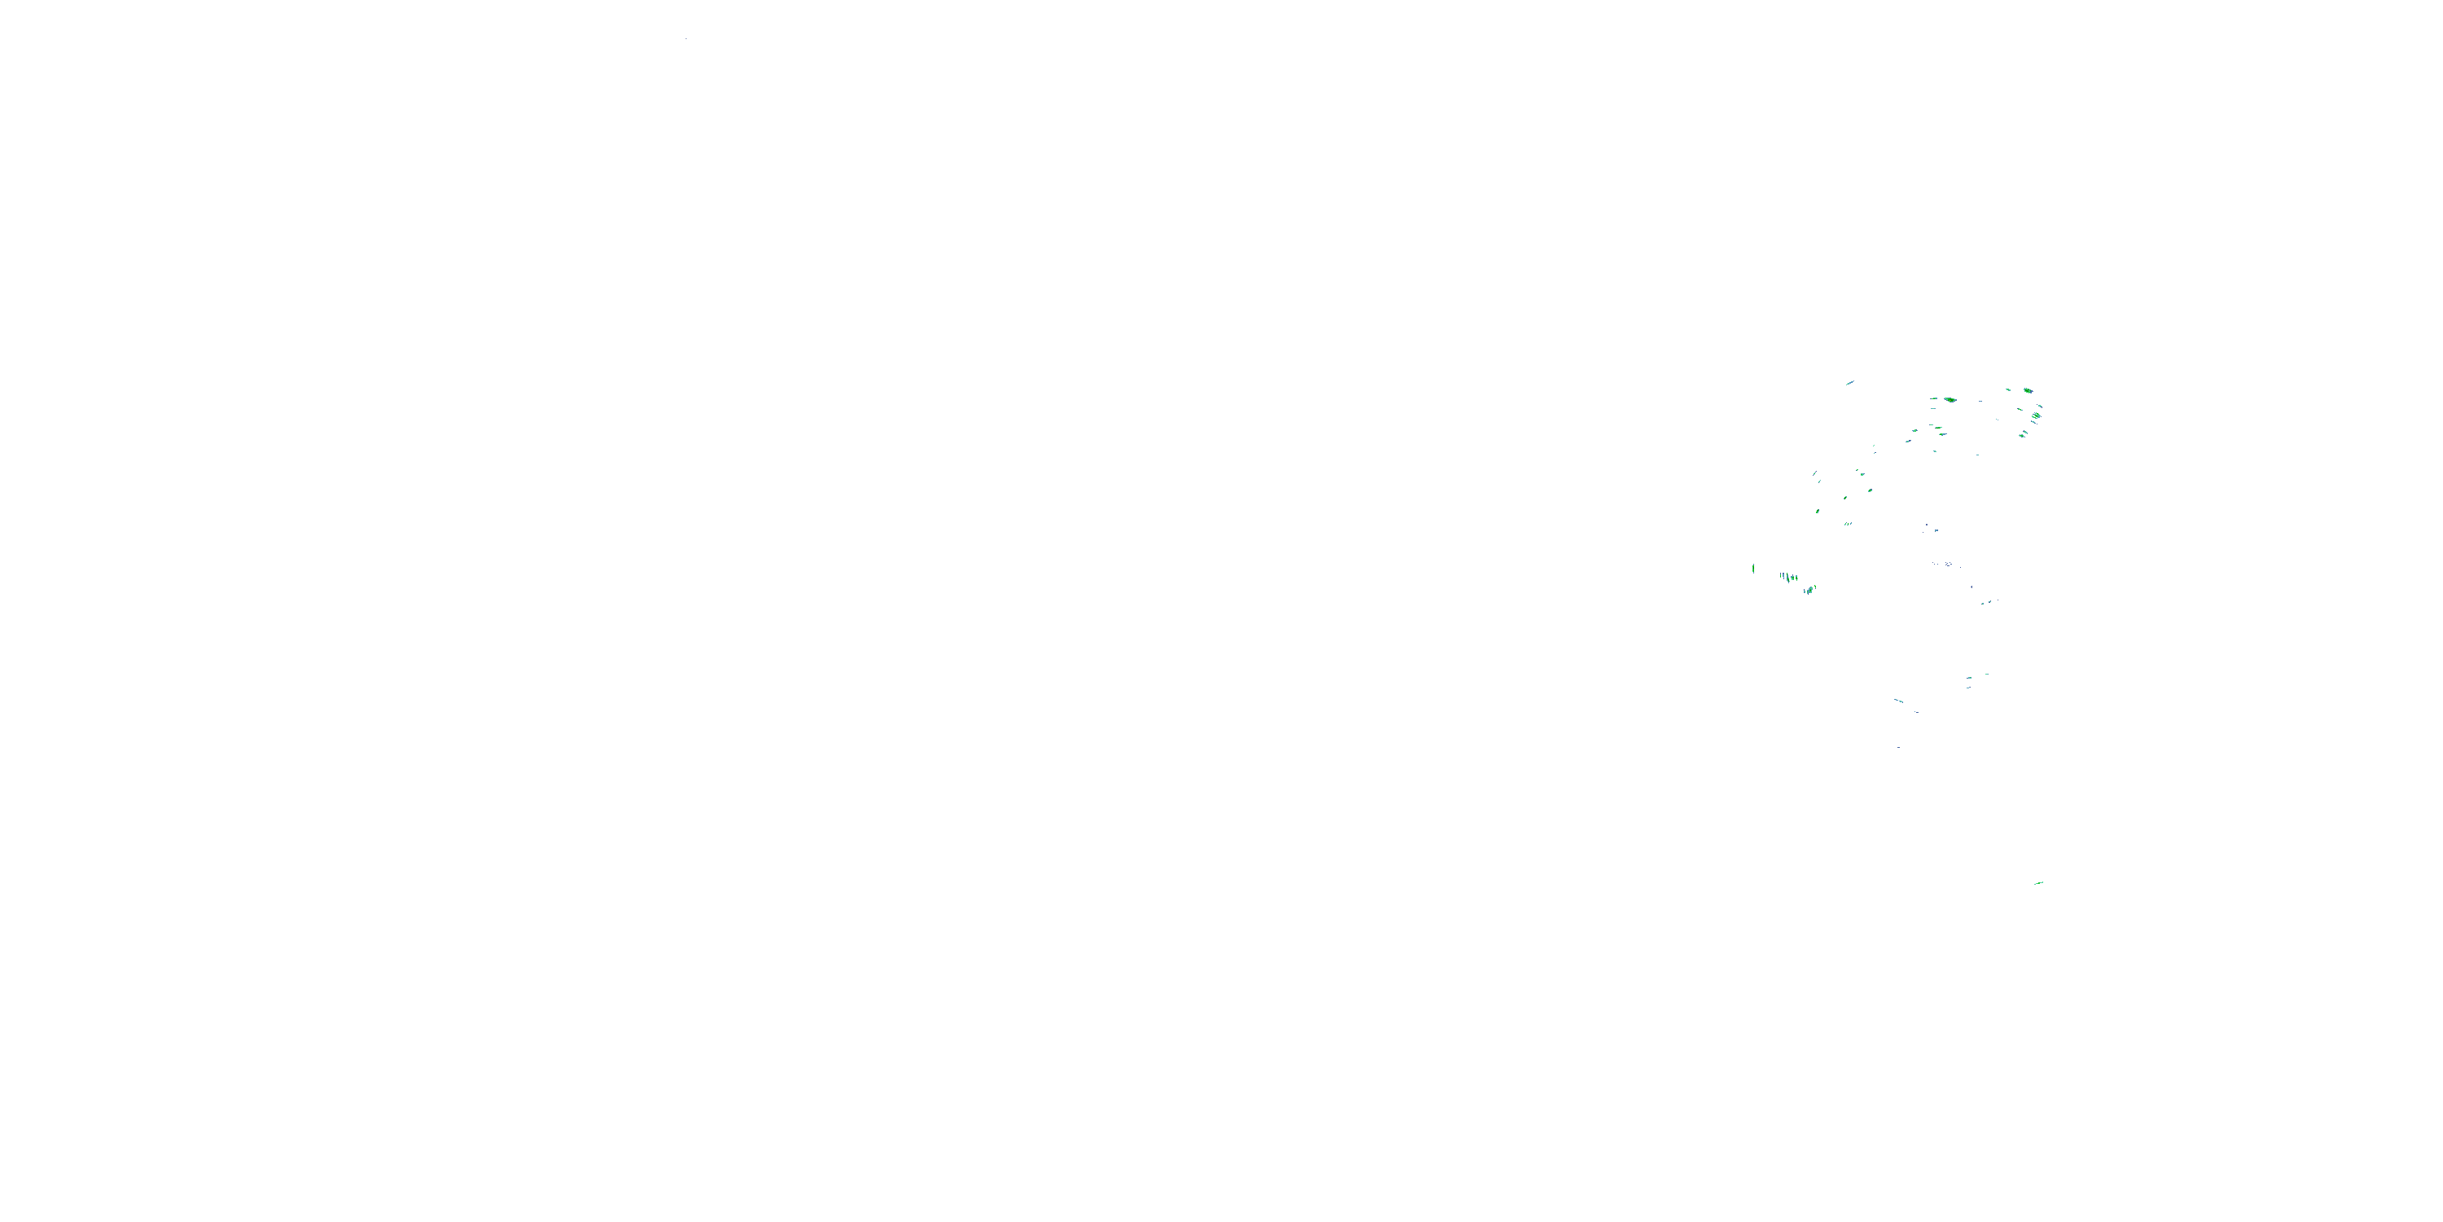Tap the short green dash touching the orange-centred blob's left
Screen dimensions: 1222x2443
click(1934, 399)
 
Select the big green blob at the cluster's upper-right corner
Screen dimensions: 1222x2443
click(2028, 390)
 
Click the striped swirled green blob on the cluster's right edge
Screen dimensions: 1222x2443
click(2035, 415)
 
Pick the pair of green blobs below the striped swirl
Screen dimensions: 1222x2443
click(2022, 434)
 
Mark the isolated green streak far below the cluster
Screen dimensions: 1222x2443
click(2038, 883)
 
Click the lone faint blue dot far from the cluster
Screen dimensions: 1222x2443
click(686, 39)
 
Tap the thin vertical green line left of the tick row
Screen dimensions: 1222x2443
click(1753, 569)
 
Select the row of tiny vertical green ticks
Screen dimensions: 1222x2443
click(1788, 577)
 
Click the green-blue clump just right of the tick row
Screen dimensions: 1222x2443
click(1809, 589)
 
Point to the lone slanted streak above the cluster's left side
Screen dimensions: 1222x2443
click(1849, 383)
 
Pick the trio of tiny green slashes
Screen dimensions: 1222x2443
click(1848, 523)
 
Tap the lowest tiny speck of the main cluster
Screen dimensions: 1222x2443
click(1899, 748)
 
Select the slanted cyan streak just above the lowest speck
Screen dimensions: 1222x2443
click(1899, 701)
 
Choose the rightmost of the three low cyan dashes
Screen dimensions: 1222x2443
click(1987, 675)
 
